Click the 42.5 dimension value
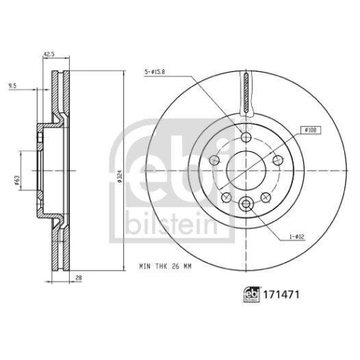[49, 53]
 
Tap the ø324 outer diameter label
[125, 174]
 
